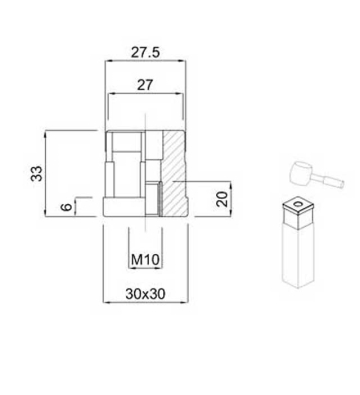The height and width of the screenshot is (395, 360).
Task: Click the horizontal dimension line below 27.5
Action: point(146,63)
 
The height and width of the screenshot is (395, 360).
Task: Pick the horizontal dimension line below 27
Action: point(146,98)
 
